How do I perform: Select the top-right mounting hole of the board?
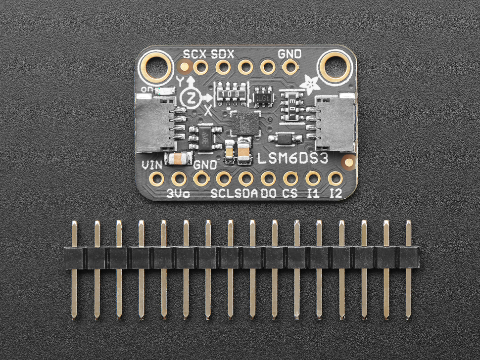335,66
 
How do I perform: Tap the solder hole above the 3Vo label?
179,179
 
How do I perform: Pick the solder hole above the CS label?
290,179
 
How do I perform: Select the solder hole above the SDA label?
246,179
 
